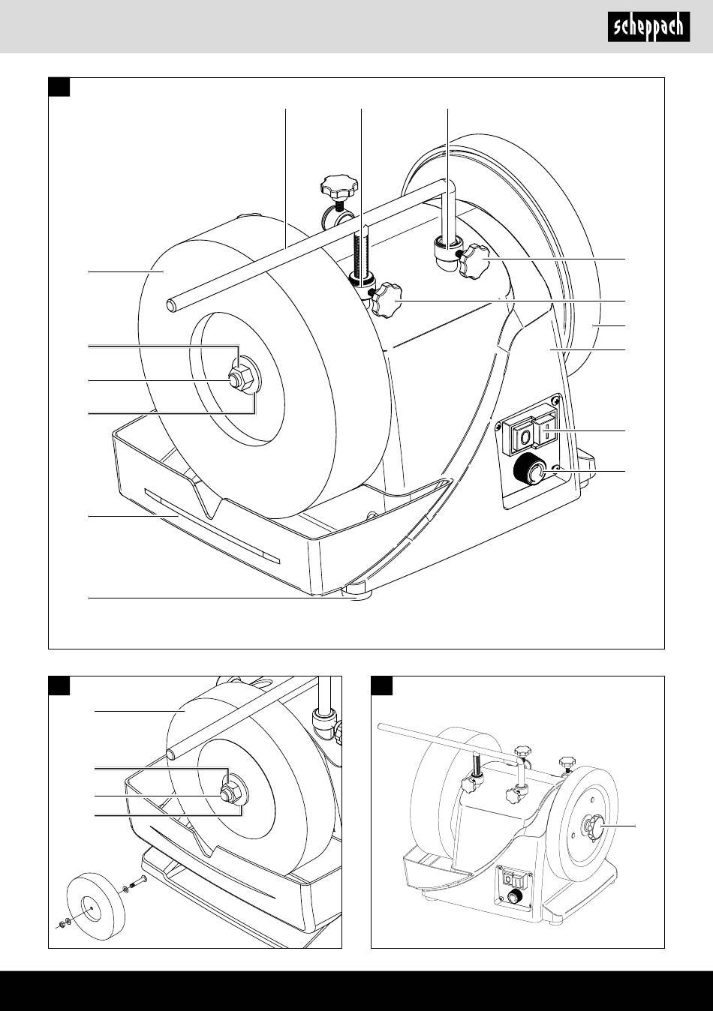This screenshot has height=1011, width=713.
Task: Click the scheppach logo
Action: coord(648,27)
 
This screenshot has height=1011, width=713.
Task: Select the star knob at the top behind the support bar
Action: coord(339,189)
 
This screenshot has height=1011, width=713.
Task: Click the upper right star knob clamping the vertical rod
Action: coord(474,261)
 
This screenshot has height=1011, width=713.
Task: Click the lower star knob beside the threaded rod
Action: coord(385,301)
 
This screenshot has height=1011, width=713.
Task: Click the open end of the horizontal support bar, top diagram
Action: coord(171,306)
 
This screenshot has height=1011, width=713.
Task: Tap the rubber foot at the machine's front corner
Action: coord(356,590)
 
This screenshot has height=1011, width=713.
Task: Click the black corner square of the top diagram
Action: coord(59,87)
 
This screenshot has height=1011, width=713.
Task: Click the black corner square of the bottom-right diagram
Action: coord(381,685)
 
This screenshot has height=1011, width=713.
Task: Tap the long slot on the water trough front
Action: coord(212,526)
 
